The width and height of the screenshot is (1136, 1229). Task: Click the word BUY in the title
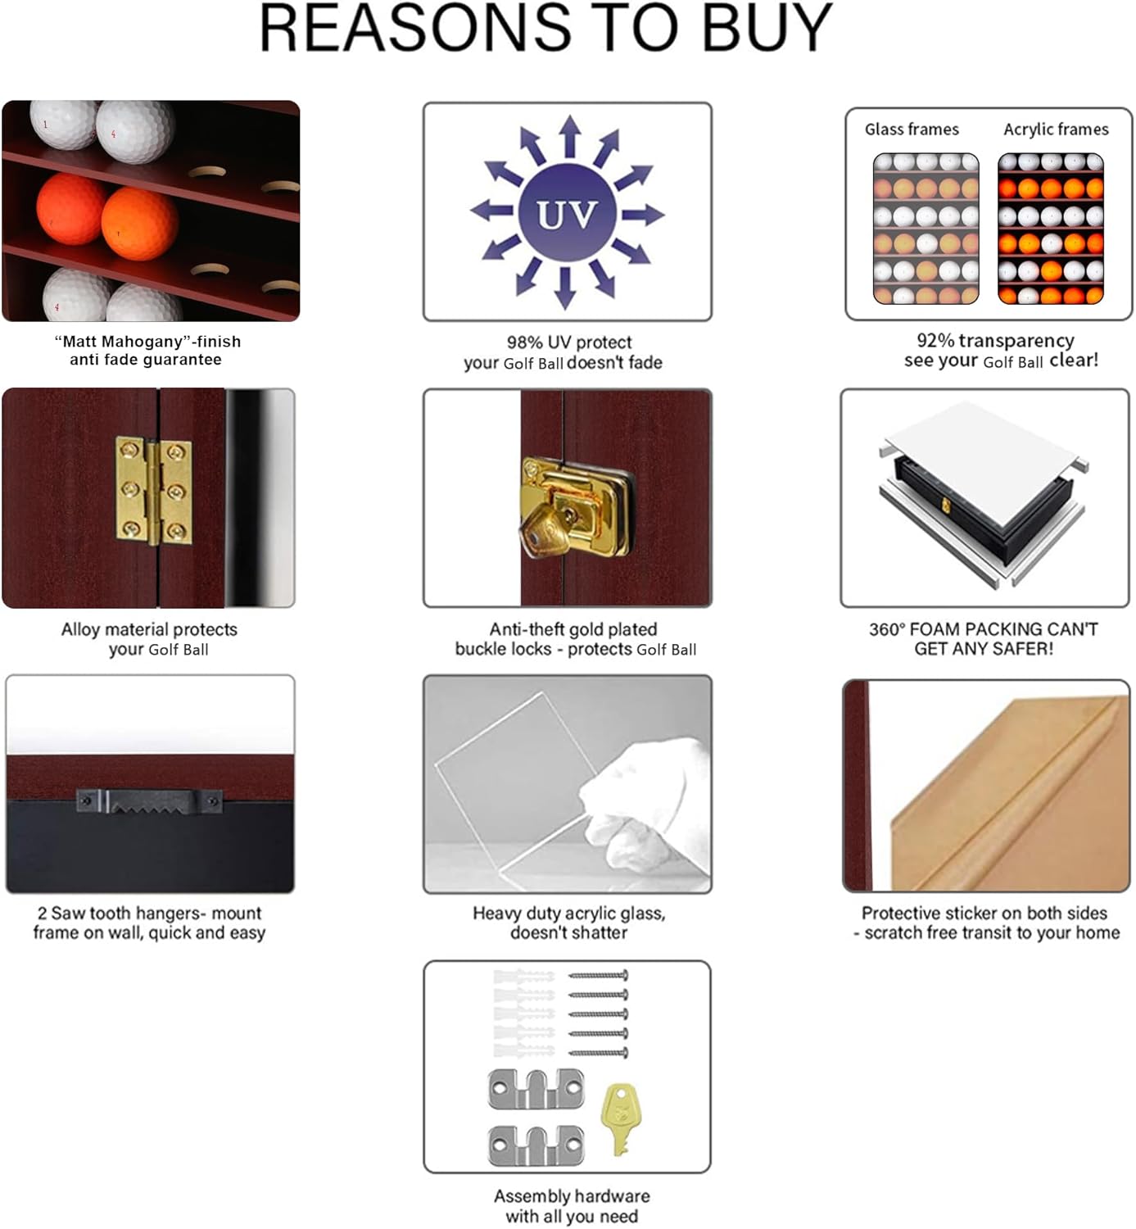tap(767, 29)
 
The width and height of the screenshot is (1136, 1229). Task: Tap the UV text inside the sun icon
tap(567, 214)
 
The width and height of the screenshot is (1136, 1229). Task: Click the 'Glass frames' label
tap(912, 129)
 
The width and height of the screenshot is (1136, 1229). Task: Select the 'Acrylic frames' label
tap(1056, 129)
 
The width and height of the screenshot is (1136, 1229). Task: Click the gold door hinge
tap(153, 492)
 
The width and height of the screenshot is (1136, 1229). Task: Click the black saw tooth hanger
tap(149, 800)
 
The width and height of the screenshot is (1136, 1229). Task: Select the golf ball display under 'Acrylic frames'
tap(1051, 229)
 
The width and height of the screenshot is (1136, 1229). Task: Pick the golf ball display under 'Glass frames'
tap(926, 229)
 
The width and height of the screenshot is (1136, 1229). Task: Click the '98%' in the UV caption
tap(525, 342)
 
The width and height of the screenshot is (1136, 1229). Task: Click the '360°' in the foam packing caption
tap(887, 629)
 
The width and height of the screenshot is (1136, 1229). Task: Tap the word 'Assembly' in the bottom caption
tap(530, 1196)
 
